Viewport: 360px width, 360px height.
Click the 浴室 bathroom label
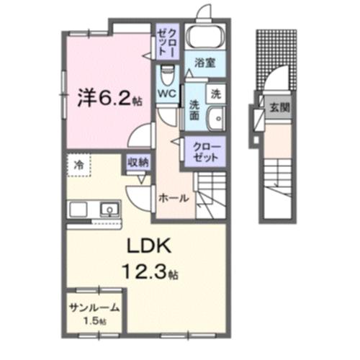click(x=205, y=63)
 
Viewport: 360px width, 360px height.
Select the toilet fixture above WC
click(x=167, y=73)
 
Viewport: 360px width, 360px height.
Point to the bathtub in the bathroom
click(x=205, y=39)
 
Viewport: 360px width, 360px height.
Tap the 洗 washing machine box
click(x=215, y=93)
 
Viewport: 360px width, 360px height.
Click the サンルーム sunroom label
click(x=94, y=307)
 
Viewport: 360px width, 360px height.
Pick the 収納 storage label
click(x=139, y=162)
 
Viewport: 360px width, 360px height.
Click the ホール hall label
click(x=174, y=197)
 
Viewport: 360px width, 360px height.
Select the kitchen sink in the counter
click(x=109, y=210)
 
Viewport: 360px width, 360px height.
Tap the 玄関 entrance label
click(x=278, y=109)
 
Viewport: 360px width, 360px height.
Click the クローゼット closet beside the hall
click(x=207, y=151)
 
